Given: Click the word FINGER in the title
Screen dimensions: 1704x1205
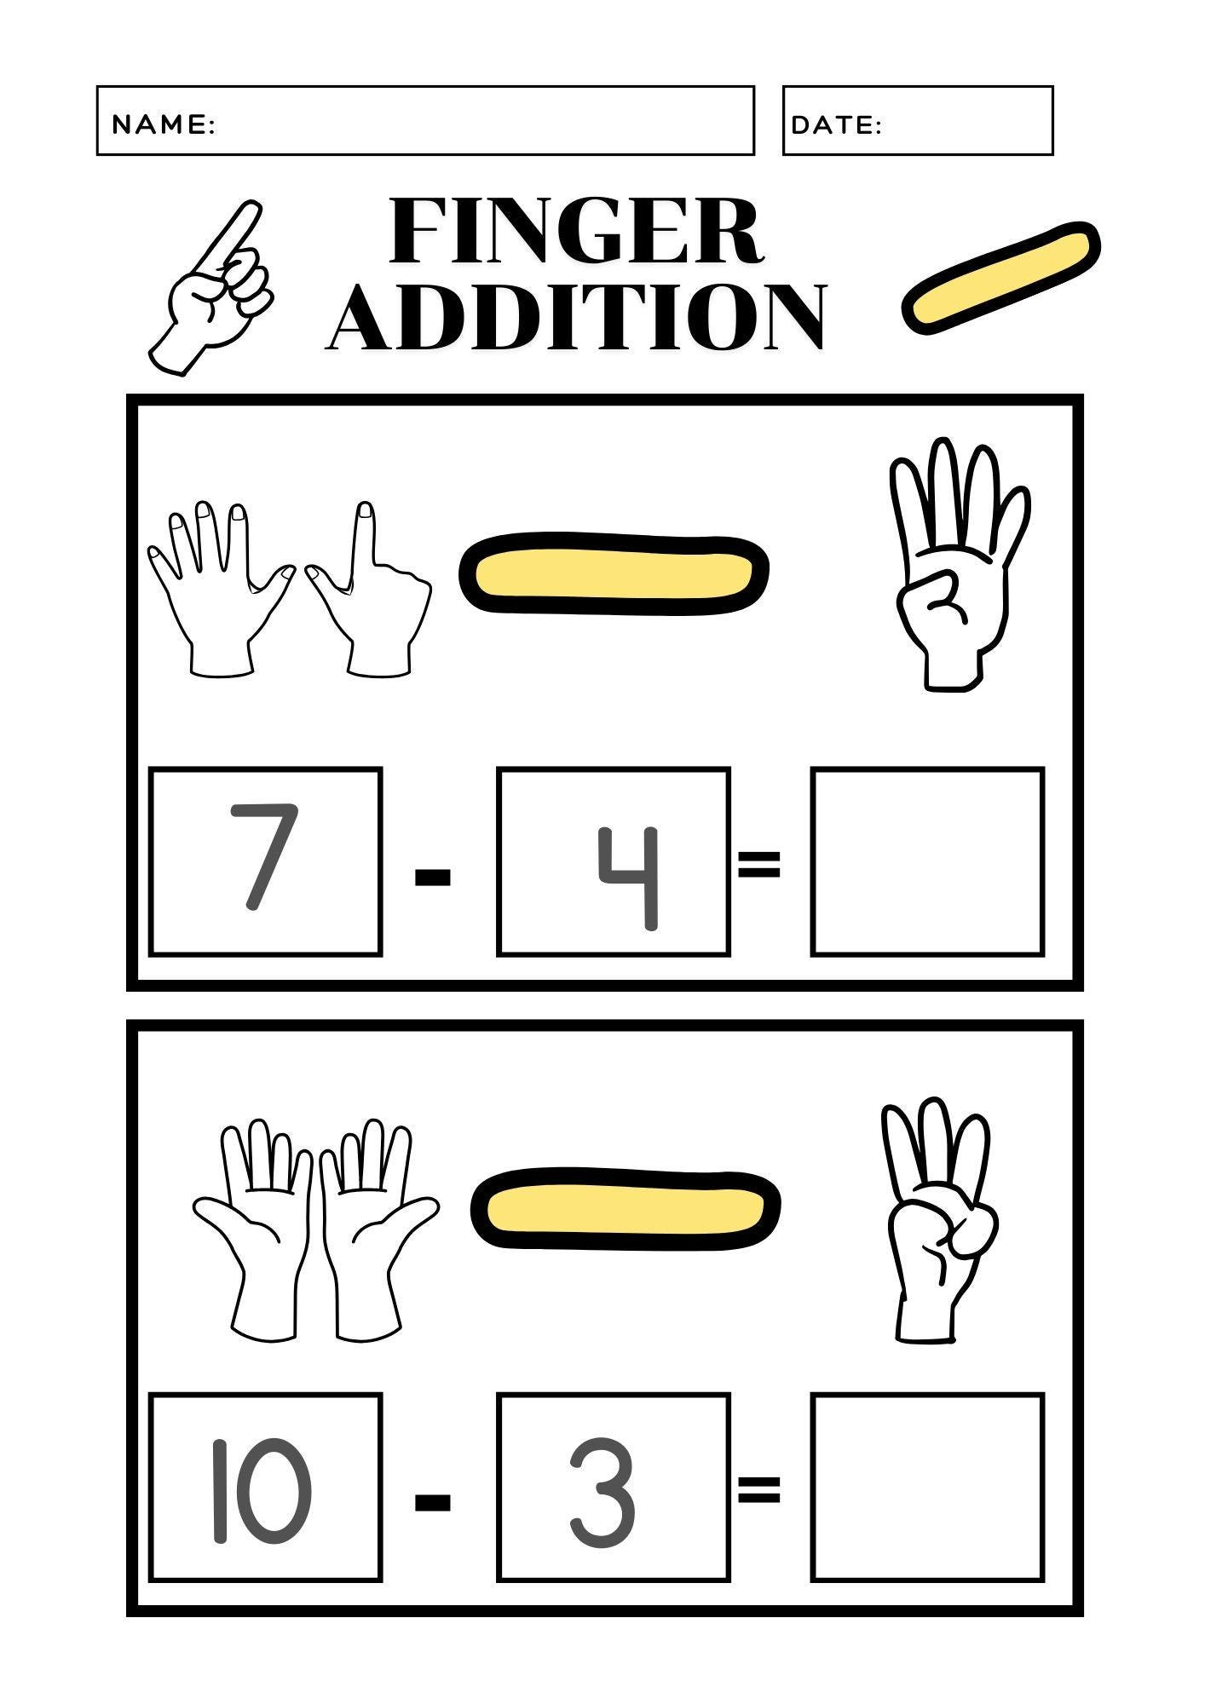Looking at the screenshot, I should (576, 232).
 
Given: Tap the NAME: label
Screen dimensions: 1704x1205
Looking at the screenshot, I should (164, 124).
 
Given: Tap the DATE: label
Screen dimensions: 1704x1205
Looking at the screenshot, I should (836, 125).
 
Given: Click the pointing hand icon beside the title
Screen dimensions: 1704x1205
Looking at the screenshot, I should (213, 290).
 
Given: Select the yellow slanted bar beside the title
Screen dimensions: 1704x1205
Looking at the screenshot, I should (1000, 278).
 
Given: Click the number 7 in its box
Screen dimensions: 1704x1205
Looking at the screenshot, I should (264, 857).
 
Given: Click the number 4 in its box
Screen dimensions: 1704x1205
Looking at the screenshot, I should (629, 878).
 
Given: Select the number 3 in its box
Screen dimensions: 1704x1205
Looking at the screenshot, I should (602, 1493).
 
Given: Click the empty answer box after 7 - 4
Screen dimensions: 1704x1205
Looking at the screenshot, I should (927, 861).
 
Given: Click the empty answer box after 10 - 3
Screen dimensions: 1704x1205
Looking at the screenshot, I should (927, 1487).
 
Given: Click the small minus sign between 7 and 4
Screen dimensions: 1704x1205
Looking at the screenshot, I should (432, 877).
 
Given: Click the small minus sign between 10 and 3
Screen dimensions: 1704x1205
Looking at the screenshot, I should (432, 1501).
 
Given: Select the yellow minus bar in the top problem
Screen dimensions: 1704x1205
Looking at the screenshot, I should (614, 572).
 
